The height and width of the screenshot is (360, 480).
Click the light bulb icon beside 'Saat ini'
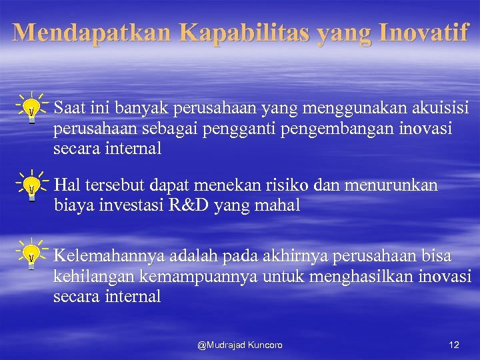point(31,108)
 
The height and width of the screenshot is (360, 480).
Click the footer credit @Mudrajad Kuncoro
point(240,345)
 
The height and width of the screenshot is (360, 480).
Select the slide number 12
point(454,345)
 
